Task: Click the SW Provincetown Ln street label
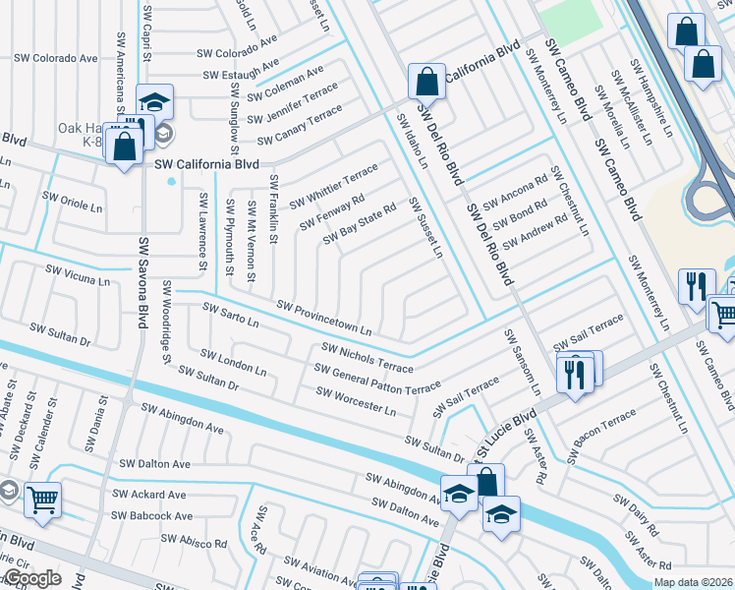click(x=324, y=317)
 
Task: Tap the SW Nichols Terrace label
click(x=367, y=358)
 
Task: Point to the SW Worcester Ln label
click(x=356, y=400)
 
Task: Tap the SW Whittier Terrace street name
click(x=334, y=186)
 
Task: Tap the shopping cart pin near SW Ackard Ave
click(x=42, y=500)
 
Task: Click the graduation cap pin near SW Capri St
click(x=154, y=102)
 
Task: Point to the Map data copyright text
click(x=693, y=582)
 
